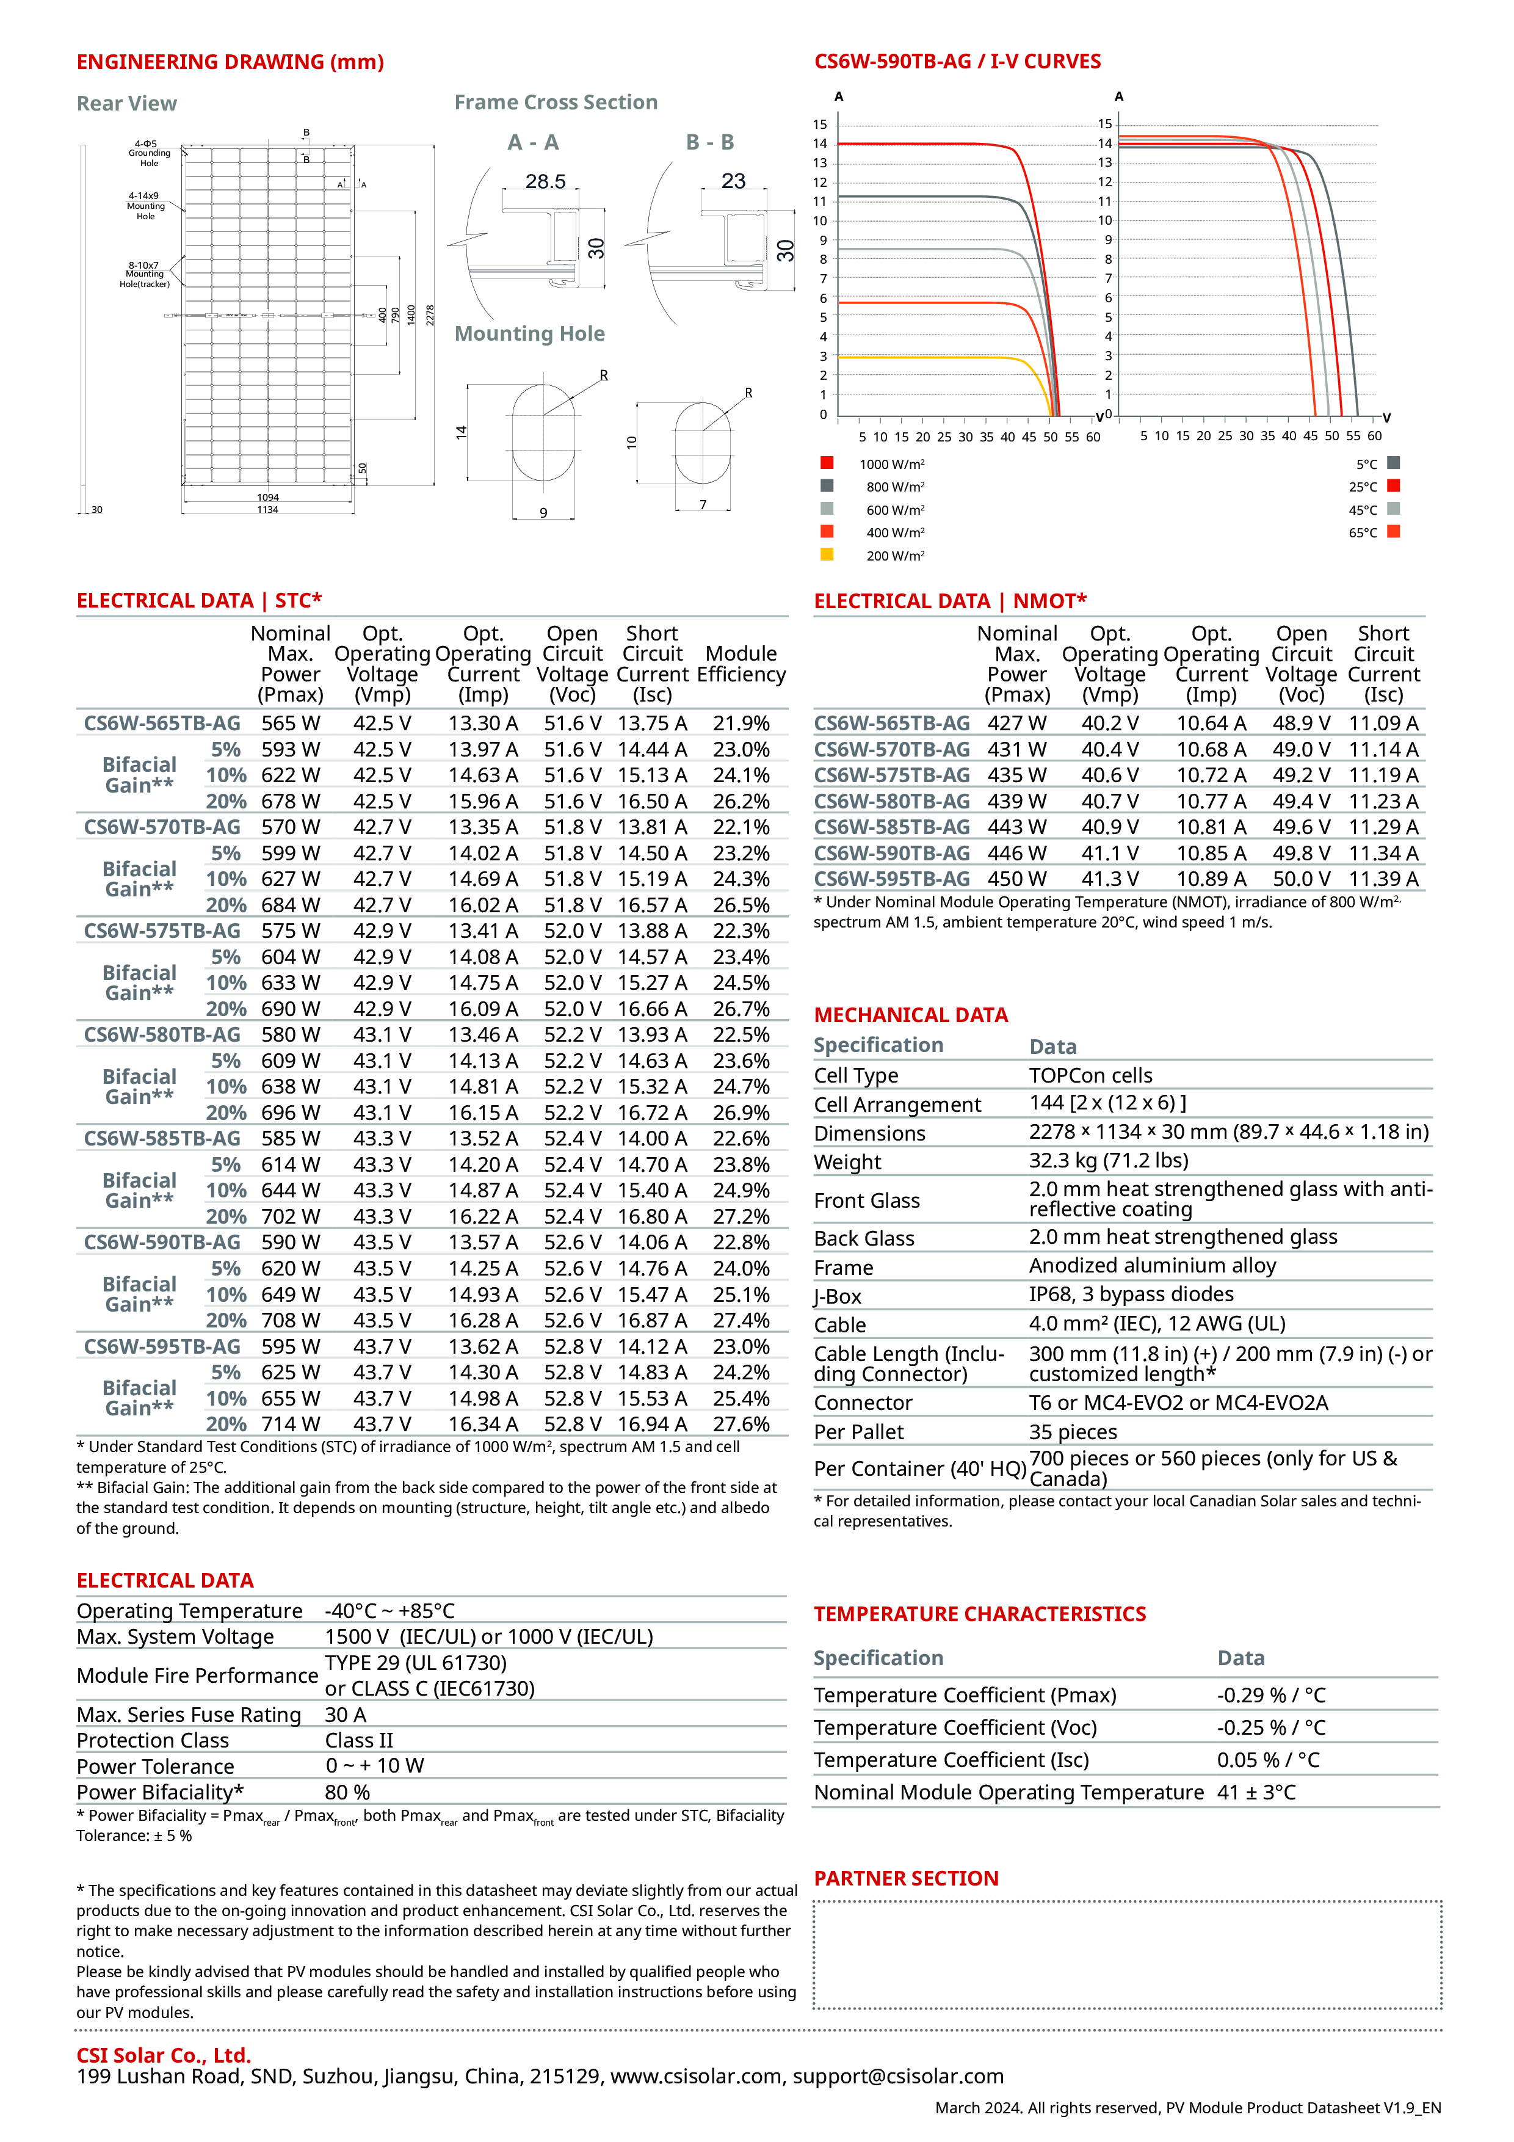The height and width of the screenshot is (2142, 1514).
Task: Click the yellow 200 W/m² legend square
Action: point(827,554)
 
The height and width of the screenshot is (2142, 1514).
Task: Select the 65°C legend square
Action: point(1394,532)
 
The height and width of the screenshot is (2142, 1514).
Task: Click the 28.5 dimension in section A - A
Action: point(546,181)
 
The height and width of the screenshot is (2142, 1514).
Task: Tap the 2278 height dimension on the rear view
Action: point(430,315)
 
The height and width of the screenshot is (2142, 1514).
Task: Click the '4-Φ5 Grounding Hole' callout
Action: point(149,154)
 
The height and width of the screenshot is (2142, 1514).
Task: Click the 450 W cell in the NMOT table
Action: point(1017,879)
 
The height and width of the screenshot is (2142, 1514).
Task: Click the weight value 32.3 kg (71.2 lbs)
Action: point(1108,1161)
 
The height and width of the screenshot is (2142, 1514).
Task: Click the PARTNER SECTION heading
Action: point(906,1878)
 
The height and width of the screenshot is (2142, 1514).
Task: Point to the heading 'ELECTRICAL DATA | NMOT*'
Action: point(950,601)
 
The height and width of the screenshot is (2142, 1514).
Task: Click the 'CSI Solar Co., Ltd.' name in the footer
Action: point(163,2055)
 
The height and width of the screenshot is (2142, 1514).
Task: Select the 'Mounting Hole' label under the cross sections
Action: point(529,334)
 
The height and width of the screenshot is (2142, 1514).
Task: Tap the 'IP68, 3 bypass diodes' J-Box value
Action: point(1131,1294)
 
